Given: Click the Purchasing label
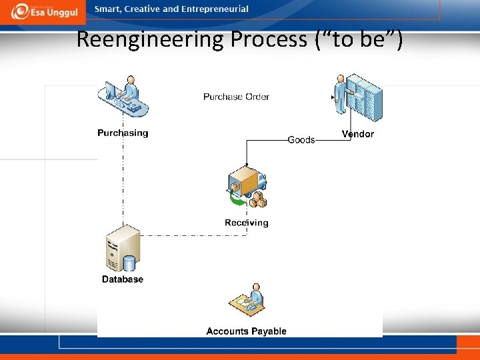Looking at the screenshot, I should click(x=123, y=133).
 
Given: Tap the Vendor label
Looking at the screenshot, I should click(x=358, y=134).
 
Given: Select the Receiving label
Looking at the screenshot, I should click(x=247, y=223).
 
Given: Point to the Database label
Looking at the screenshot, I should click(x=123, y=279).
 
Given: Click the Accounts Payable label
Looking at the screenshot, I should click(x=246, y=331).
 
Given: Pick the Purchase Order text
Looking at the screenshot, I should click(x=236, y=97).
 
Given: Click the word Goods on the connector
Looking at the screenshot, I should click(x=301, y=140).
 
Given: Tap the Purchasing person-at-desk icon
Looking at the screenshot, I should click(x=123, y=98).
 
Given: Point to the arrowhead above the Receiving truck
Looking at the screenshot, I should click(x=247, y=165).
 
